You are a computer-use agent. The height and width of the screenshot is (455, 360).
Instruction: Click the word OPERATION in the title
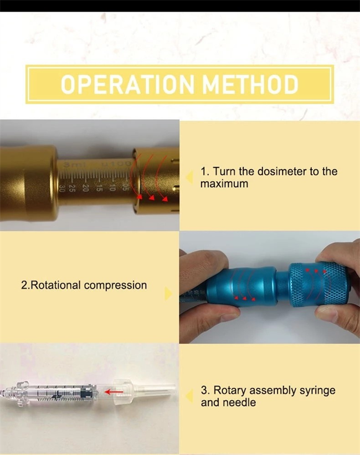point(127,84)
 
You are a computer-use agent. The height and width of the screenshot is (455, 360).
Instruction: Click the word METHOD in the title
point(250,84)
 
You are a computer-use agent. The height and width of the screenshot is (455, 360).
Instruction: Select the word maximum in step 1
point(224,184)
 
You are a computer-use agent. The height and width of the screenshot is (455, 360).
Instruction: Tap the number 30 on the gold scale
point(62,188)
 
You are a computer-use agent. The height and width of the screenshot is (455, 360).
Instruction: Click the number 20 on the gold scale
point(85,188)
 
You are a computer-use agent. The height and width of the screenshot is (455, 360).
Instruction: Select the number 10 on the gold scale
point(112,188)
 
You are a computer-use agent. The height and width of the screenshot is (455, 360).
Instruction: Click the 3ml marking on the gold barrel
point(70,165)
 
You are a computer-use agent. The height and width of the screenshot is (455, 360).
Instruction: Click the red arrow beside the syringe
point(114,392)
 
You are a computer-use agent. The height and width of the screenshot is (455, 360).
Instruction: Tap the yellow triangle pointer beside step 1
point(189,177)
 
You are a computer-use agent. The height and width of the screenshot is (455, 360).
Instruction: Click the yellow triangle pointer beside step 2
point(168,294)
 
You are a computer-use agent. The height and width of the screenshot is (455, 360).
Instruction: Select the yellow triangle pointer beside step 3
point(189,396)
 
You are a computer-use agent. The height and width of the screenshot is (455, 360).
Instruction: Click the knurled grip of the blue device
point(318,283)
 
